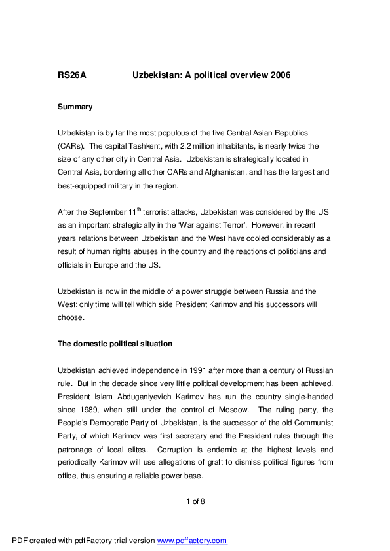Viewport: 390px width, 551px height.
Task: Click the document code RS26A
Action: click(72, 75)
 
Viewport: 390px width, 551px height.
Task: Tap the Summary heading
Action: click(75, 107)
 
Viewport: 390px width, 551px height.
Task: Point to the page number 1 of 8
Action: click(195, 501)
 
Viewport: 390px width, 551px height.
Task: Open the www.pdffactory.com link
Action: click(192, 541)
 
